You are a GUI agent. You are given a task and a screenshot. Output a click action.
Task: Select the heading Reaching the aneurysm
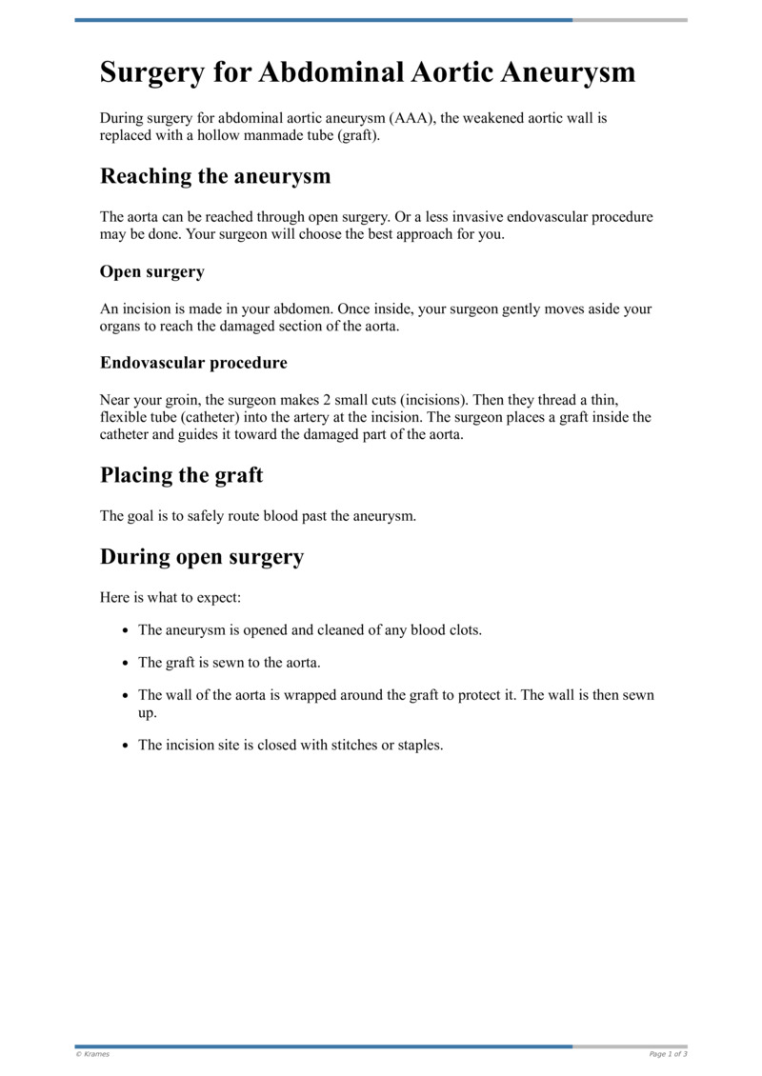coord(215,176)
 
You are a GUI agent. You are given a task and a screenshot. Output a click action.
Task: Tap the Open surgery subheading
coord(152,271)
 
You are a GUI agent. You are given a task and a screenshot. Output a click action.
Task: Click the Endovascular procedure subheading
coord(193,363)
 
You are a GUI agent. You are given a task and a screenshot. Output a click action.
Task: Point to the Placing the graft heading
coord(181,475)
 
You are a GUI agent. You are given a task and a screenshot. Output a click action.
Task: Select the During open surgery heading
coord(202,557)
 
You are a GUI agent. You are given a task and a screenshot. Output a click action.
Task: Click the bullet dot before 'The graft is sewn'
coord(126,663)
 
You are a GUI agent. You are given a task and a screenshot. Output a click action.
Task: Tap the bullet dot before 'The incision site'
coord(126,746)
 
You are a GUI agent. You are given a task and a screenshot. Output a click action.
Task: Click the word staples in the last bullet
coord(420,746)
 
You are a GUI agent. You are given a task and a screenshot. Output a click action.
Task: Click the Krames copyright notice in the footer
coord(92,1054)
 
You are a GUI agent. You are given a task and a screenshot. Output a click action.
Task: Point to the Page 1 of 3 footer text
coord(667,1054)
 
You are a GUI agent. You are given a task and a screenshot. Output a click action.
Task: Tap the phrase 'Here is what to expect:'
coord(164,598)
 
